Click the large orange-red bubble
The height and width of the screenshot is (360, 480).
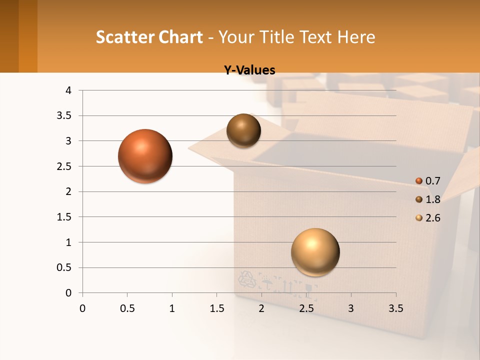click(x=145, y=156)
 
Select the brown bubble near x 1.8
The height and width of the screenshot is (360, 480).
click(x=244, y=130)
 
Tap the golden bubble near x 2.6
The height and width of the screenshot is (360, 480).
click(x=315, y=252)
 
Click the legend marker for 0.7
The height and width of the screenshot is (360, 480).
click(x=419, y=181)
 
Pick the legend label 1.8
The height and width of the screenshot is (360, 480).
click(x=432, y=199)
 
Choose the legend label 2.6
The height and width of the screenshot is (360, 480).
click(x=432, y=218)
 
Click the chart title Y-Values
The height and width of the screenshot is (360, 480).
click(x=249, y=70)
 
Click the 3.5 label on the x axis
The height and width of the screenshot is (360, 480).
click(x=395, y=308)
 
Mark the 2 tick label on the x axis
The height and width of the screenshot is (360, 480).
click(x=261, y=308)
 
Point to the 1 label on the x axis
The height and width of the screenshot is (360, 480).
click(x=172, y=308)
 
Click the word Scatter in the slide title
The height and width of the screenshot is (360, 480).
click(x=125, y=37)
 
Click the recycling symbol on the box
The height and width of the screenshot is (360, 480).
click(x=247, y=280)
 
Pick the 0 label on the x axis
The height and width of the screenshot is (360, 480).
click(x=82, y=308)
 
